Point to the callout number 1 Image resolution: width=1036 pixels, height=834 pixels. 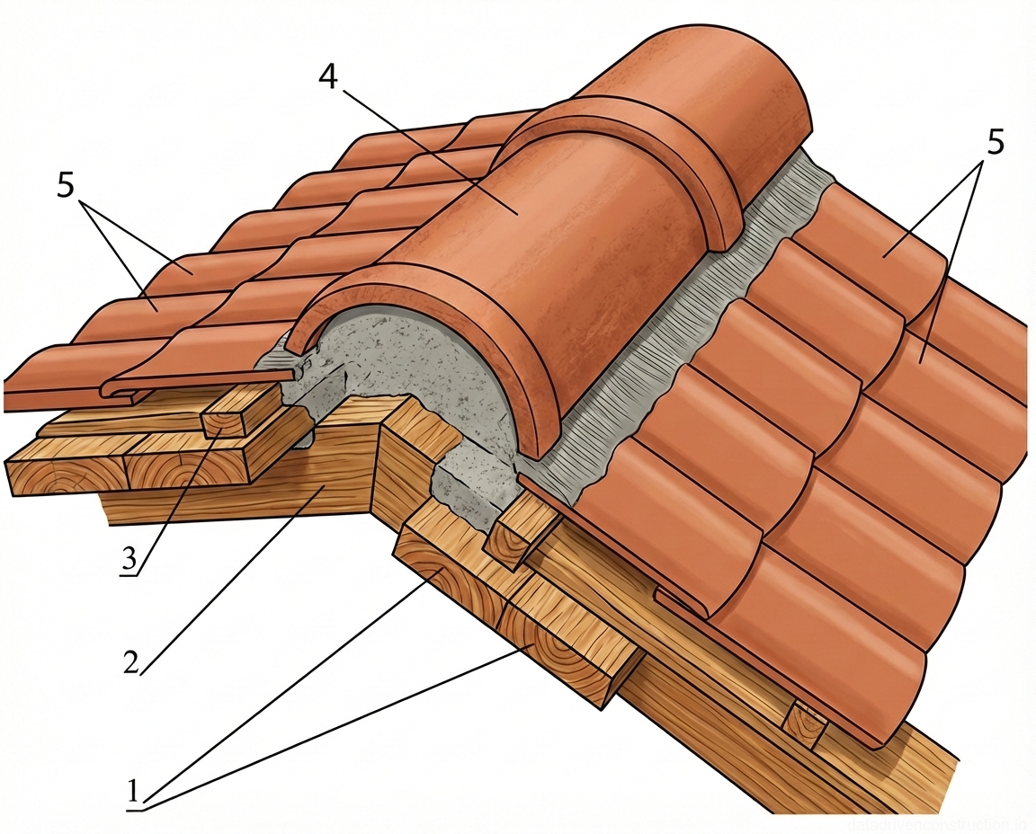132,792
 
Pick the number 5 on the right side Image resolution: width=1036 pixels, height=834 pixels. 993,141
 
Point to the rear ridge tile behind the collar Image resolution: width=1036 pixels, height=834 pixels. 710,90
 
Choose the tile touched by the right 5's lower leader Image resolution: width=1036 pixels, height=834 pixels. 922,359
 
